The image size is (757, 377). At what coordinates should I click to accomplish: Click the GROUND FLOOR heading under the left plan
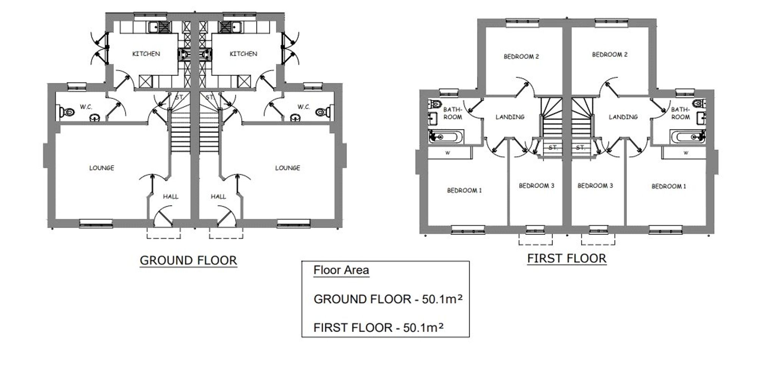(x=188, y=260)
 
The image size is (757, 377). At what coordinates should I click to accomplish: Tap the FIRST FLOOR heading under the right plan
(x=567, y=259)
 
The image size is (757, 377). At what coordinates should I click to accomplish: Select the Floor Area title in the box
(x=341, y=270)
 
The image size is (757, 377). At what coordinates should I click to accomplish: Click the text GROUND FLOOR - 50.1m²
(x=388, y=299)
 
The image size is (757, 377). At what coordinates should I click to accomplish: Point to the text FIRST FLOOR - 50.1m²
(x=378, y=327)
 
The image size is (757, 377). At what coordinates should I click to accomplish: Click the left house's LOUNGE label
(x=101, y=168)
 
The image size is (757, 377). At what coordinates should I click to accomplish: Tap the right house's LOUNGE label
(x=287, y=168)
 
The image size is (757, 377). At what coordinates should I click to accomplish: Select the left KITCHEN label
(x=146, y=54)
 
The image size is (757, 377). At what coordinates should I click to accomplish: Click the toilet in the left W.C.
(x=67, y=112)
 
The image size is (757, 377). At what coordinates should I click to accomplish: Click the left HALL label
(x=170, y=196)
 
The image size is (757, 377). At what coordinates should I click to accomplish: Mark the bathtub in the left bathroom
(x=445, y=136)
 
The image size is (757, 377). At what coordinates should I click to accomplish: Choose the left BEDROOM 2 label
(x=521, y=57)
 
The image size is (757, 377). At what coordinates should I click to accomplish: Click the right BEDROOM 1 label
(x=668, y=186)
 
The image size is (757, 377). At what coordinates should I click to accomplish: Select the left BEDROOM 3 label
(x=536, y=185)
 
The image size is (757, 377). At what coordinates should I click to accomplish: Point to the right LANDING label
(x=623, y=117)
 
